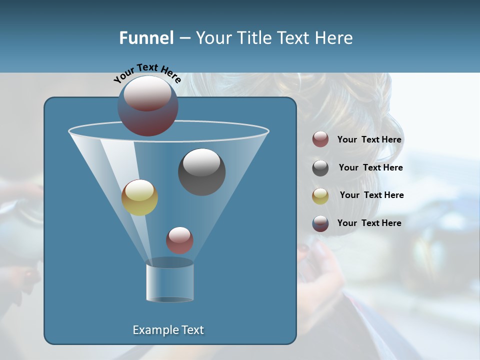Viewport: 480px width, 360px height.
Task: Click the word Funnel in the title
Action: click(x=146, y=38)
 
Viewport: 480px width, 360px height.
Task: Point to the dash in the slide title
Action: click(x=184, y=38)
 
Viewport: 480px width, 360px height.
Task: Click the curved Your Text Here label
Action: click(x=147, y=73)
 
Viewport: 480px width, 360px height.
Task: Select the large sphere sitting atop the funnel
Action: click(x=148, y=105)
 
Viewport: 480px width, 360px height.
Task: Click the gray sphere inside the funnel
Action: click(x=201, y=172)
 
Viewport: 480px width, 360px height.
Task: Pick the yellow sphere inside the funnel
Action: click(x=139, y=197)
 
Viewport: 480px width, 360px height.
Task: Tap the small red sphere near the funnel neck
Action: click(x=179, y=240)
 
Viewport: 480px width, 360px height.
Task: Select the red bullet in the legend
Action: click(x=320, y=139)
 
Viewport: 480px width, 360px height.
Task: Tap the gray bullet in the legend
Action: click(x=320, y=168)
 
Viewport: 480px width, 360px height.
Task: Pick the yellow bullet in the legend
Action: click(x=320, y=195)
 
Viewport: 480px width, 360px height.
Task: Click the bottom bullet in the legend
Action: click(x=320, y=223)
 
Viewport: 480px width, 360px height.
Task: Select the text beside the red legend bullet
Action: click(x=369, y=139)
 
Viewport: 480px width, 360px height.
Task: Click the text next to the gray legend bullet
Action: click(x=370, y=167)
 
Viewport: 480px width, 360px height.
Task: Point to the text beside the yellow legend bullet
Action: click(x=371, y=195)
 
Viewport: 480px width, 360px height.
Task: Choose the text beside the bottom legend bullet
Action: click(x=369, y=223)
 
